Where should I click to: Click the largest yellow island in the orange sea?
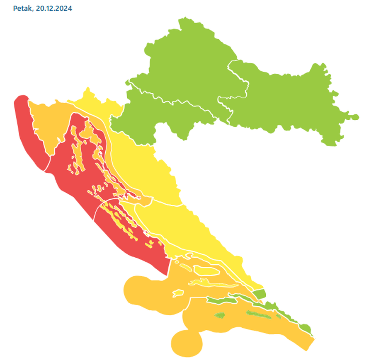tap(207, 271)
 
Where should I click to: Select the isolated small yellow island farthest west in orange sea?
tap(178, 293)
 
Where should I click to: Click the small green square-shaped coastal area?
tap(259, 295)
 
